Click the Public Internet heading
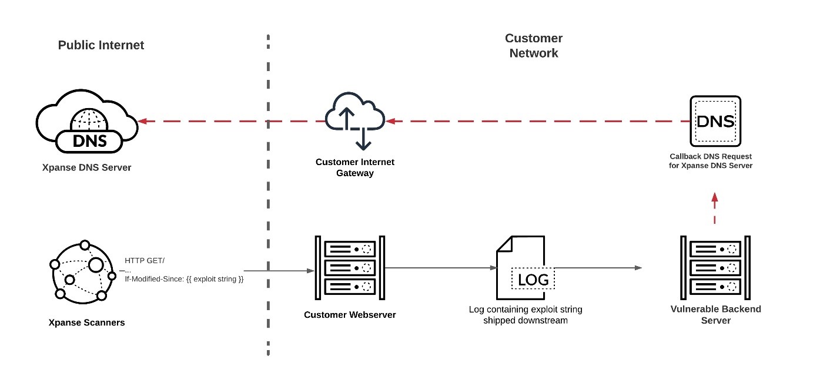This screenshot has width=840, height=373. coord(101,45)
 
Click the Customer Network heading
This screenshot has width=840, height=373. coord(534,46)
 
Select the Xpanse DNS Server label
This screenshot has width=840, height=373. coord(86,167)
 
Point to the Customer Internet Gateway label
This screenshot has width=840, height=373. coord(355,167)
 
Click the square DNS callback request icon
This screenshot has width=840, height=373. coord(715,122)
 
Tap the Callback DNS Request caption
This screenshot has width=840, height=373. coord(711,161)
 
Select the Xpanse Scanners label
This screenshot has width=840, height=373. coord(87,322)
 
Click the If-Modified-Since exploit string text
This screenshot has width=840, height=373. coord(184,279)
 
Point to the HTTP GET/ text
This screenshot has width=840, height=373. coord(141,260)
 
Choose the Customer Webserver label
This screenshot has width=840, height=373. coord(350,315)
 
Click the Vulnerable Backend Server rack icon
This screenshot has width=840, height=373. coord(715,267)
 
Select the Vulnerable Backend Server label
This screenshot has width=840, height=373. coord(715,314)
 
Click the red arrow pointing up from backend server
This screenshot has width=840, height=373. coord(715,208)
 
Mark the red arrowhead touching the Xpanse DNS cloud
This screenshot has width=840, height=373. coord(142,122)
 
